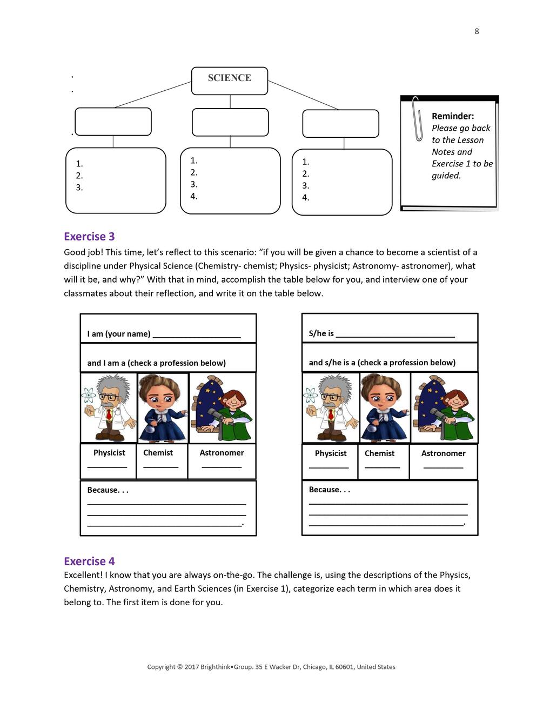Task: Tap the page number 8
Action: tap(477, 31)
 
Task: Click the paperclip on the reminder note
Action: tap(417, 119)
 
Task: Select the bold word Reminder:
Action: tap(453, 116)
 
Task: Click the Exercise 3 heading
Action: tap(89, 237)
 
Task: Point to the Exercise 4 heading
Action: tap(89, 561)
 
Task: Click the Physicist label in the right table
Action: tap(331, 453)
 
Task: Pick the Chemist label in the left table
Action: tap(158, 453)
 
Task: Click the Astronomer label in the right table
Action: tap(443, 453)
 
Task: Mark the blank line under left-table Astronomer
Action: tap(222, 466)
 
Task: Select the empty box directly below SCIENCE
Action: tap(230, 122)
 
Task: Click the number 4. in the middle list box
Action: tap(194, 196)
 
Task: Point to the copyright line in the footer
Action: tap(271, 667)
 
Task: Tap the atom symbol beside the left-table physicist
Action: tap(89, 396)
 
